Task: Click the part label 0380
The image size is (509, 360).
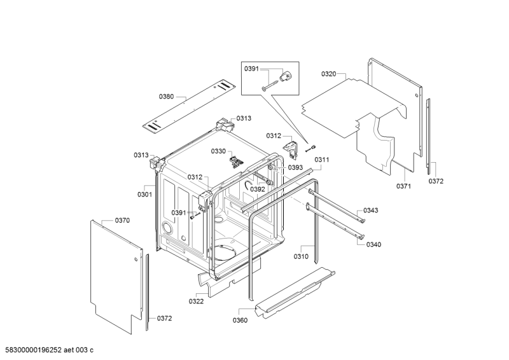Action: click(166, 97)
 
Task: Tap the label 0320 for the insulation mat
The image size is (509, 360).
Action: click(329, 74)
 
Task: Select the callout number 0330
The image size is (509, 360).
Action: click(218, 151)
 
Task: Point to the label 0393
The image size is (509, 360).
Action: click(295, 167)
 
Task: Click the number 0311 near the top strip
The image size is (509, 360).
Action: click(322, 160)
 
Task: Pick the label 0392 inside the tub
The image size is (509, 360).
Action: click(258, 190)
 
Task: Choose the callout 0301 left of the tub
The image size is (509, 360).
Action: click(144, 195)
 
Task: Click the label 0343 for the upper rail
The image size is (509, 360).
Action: click(370, 211)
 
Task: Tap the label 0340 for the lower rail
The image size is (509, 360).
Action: click(373, 244)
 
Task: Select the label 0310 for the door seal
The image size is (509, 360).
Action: click(301, 256)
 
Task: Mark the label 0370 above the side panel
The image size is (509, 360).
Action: click(122, 221)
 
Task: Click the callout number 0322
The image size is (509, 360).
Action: click(196, 301)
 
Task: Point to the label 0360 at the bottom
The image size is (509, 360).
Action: click(240, 321)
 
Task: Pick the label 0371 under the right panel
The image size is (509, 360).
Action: click(403, 186)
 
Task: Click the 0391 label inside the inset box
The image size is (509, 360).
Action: click(251, 69)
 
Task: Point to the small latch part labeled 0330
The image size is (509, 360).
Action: click(236, 161)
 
